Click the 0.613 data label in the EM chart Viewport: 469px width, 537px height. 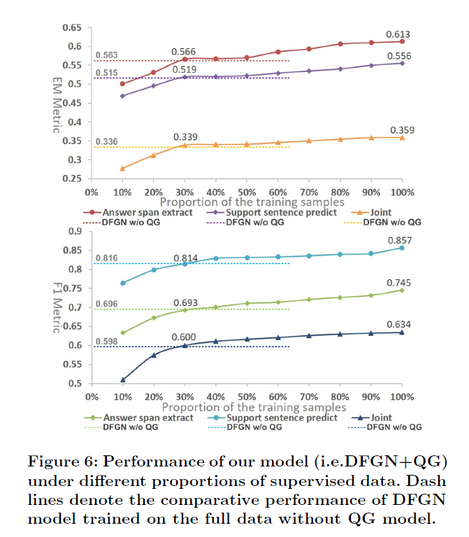398,34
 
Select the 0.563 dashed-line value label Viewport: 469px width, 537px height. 107,55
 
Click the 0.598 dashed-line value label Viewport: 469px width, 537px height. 107,341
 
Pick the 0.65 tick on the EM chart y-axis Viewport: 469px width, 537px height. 71,27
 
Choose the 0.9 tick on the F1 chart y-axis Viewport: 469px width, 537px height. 74,231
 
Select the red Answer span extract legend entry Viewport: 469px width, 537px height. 138,212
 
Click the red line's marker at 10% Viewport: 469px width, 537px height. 123,84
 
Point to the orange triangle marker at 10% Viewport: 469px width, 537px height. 123,168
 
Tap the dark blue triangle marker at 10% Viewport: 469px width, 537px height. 123,380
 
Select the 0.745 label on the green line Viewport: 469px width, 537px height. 398,283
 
